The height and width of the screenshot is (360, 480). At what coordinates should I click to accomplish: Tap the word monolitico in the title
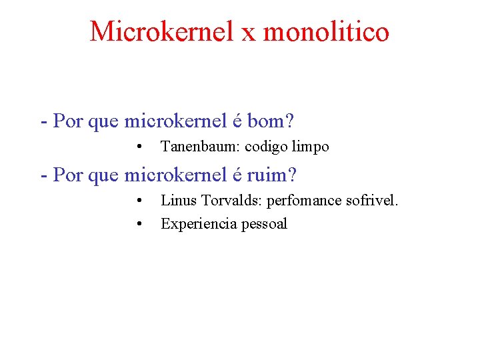tap(326, 31)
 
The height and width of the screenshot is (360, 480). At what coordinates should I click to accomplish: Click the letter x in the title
tap(249, 33)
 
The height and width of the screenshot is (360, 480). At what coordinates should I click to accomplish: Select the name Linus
tap(177, 200)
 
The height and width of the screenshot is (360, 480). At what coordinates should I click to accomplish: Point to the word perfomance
tap(305, 200)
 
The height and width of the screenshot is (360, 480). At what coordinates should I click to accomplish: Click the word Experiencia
tap(195, 224)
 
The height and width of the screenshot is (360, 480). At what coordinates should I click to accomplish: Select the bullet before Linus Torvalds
tap(139, 200)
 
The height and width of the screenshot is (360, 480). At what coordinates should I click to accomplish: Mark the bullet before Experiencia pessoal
tap(139, 224)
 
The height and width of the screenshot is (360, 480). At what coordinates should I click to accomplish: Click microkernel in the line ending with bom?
tap(175, 122)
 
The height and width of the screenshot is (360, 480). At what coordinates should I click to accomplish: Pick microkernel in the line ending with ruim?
tap(175, 175)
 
